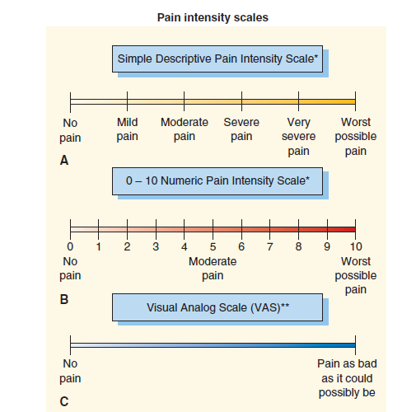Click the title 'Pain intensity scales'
(213, 17)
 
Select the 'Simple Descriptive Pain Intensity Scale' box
(217, 59)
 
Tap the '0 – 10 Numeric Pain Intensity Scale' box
(217, 181)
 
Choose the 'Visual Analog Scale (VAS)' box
(217, 307)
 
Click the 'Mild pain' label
(127, 129)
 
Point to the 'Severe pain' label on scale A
(241, 129)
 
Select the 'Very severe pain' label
(298, 137)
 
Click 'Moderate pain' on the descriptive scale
(185, 129)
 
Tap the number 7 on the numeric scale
(270, 246)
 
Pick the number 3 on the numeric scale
(156, 246)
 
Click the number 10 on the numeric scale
(356, 246)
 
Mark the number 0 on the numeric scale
(70, 246)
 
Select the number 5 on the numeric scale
(213, 246)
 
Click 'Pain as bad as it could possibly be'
(347, 378)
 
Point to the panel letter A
(64, 160)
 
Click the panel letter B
(64, 299)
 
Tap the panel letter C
(64, 401)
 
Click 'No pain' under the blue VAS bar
(70, 371)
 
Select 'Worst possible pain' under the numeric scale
(356, 275)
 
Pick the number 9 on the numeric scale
(327, 246)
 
